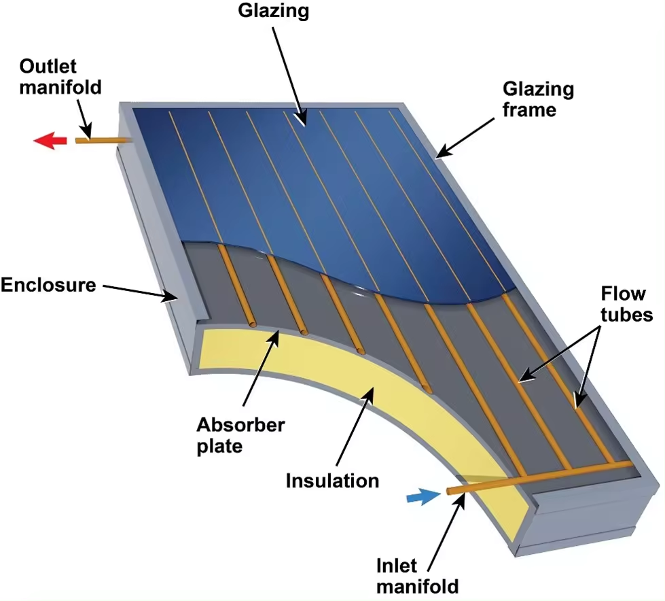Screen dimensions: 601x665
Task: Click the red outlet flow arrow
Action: click(x=50, y=141)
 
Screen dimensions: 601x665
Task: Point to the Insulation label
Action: click(x=332, y=481)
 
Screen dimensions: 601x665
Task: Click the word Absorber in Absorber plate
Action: click(x=241, y=426)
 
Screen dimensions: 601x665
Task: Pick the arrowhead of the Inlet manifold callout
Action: click(x=463, y=498)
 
